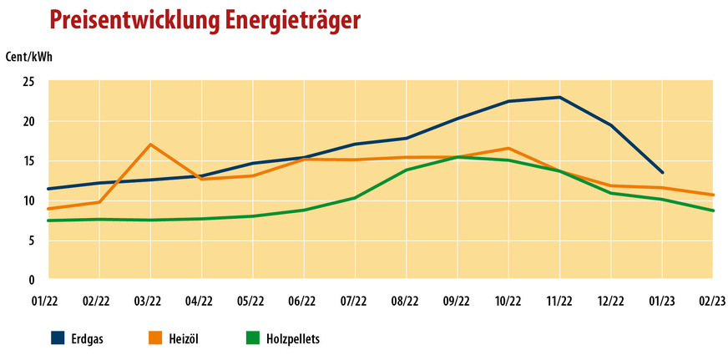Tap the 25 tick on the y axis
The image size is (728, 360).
29,82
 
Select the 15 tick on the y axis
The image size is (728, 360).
29,161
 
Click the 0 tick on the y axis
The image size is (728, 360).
32,280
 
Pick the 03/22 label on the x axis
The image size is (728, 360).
150,300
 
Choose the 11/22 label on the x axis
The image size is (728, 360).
559,300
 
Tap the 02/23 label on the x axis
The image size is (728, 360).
712,300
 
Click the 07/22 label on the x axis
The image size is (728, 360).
355,300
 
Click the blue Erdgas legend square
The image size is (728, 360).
58,338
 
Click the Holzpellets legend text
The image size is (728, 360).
293,339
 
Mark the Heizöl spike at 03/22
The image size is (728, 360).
150,145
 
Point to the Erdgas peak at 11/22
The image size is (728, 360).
559,97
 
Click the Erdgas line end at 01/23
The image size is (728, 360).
662,172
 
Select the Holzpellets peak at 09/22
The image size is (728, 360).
458,156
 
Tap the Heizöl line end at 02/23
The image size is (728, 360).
712,195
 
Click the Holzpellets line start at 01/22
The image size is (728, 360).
48,221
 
